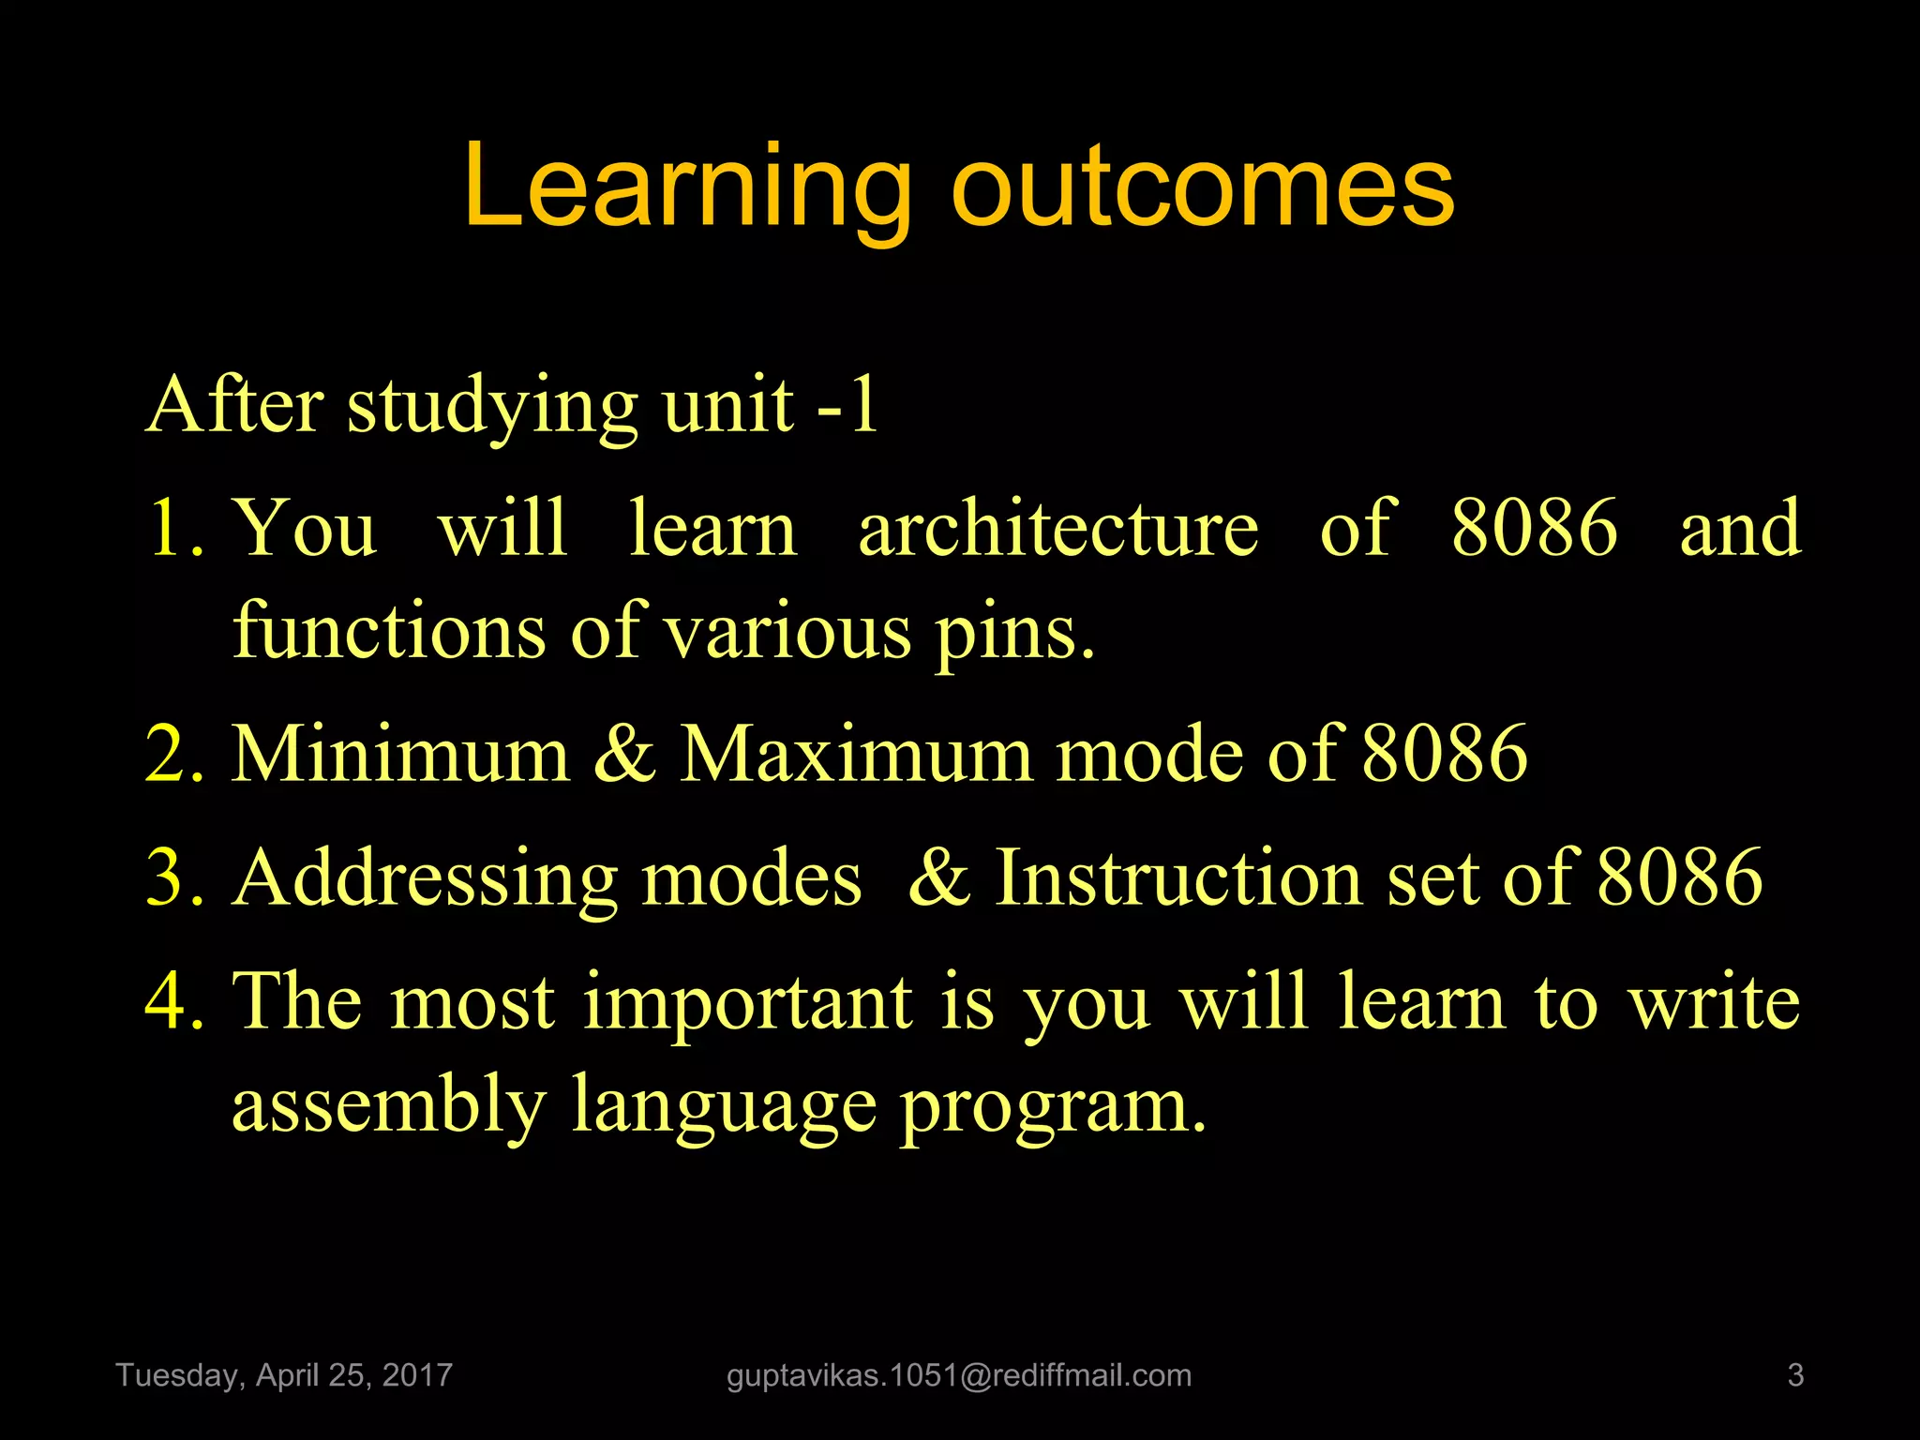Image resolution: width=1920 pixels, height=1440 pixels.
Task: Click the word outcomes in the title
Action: [1203, 187]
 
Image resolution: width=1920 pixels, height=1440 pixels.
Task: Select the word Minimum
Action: [400, 754]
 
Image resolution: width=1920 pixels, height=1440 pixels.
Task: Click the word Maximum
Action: [855, 754]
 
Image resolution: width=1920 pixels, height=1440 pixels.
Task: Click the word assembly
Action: [389, 1106]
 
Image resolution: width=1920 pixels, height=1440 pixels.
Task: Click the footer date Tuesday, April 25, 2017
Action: [284, 1375]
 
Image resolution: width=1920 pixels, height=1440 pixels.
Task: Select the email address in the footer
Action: [959, 1375]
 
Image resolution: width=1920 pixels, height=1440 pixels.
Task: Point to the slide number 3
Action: [1795, 1375]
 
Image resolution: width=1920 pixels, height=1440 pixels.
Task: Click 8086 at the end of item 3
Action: [1679, 877]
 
